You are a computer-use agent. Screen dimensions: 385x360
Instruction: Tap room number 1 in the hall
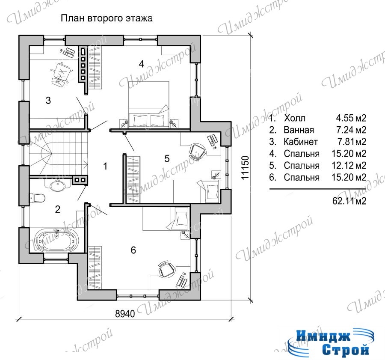105,167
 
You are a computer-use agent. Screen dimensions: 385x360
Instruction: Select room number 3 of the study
48,100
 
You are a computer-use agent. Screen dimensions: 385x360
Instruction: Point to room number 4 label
141,64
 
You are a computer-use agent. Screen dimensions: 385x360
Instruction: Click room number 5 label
167,158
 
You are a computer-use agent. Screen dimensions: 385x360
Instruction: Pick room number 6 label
133,250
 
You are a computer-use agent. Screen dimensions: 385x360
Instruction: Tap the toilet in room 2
37,198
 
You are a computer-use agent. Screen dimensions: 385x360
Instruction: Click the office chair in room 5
197,152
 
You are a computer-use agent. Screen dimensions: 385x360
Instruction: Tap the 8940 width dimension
125,314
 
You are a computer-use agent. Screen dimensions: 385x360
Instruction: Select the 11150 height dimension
245,167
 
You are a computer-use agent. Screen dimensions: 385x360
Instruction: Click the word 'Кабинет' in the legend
301,142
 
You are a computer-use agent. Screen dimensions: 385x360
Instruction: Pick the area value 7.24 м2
351,130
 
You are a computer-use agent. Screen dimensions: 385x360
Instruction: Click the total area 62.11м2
349,201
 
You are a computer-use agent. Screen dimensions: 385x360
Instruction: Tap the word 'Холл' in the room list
295,118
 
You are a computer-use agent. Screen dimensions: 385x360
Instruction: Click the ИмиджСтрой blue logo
331,343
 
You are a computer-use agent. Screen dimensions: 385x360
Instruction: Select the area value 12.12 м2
349,165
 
